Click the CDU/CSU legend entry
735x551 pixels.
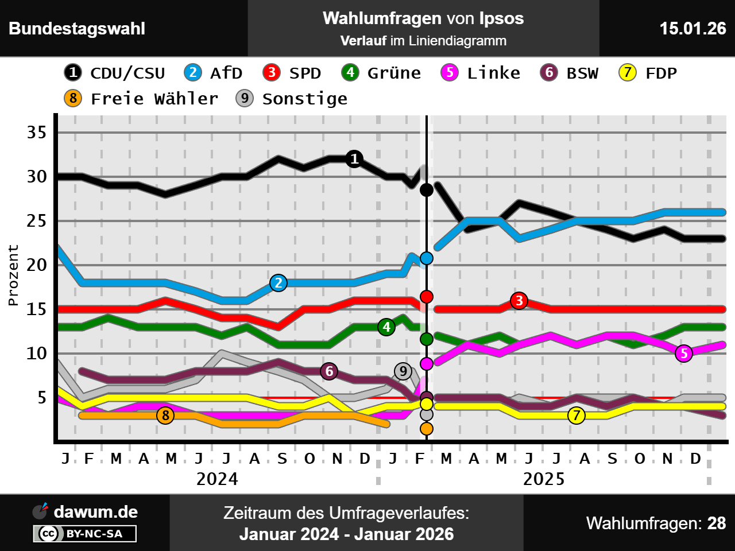(x=115, y=73)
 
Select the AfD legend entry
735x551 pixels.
(x=214, y=73)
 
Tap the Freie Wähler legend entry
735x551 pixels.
(x=141, y=99)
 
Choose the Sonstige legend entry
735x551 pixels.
(x=292, y=99)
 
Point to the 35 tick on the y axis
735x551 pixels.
(x=37, y=133)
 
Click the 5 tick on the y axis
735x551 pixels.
(x=42, y=397)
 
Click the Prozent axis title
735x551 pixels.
(x=13, y=275)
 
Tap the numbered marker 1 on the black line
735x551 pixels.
(x=354, y=159)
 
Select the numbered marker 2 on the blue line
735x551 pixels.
(x=278, y=283)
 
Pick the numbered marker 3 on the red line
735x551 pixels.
(x=519, y=301)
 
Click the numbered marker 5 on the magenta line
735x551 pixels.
(x=683, y=354)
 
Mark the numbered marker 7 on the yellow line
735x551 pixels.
(x=577, y=415)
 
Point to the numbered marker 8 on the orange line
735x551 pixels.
(x=165, y=415)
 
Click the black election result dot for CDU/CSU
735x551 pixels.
(x=426, y=189)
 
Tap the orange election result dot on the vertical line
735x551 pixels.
(x=426, y=429)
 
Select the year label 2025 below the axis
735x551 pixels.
(x=543, y=479)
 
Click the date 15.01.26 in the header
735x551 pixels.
(x=693, y=28)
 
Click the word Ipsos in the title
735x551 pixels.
(x=501, y=18)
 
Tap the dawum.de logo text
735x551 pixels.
(x=95, y=511)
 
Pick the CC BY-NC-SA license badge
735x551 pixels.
(x=85, y=534)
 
